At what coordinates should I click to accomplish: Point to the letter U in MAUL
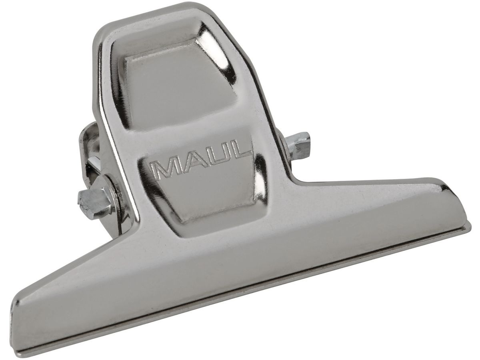point(212,156)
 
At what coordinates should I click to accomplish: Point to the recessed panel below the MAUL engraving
point(208,192)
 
